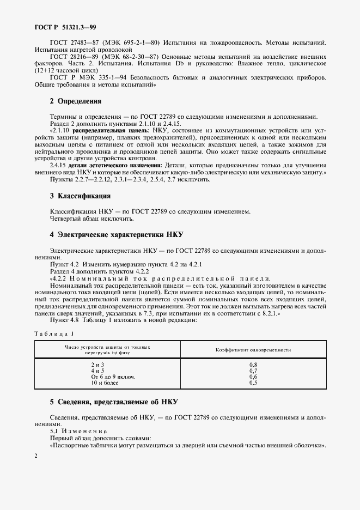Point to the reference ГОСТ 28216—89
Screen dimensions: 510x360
click(74, 57)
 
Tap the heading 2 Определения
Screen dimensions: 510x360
click(75, 101)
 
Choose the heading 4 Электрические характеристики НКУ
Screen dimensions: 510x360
click(117, 235)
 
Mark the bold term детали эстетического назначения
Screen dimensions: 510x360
click(114, 165)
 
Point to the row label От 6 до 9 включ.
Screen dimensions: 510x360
click(113, 377)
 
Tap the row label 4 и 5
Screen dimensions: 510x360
click(98, 371)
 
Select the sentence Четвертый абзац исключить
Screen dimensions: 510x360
click(91, 219)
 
